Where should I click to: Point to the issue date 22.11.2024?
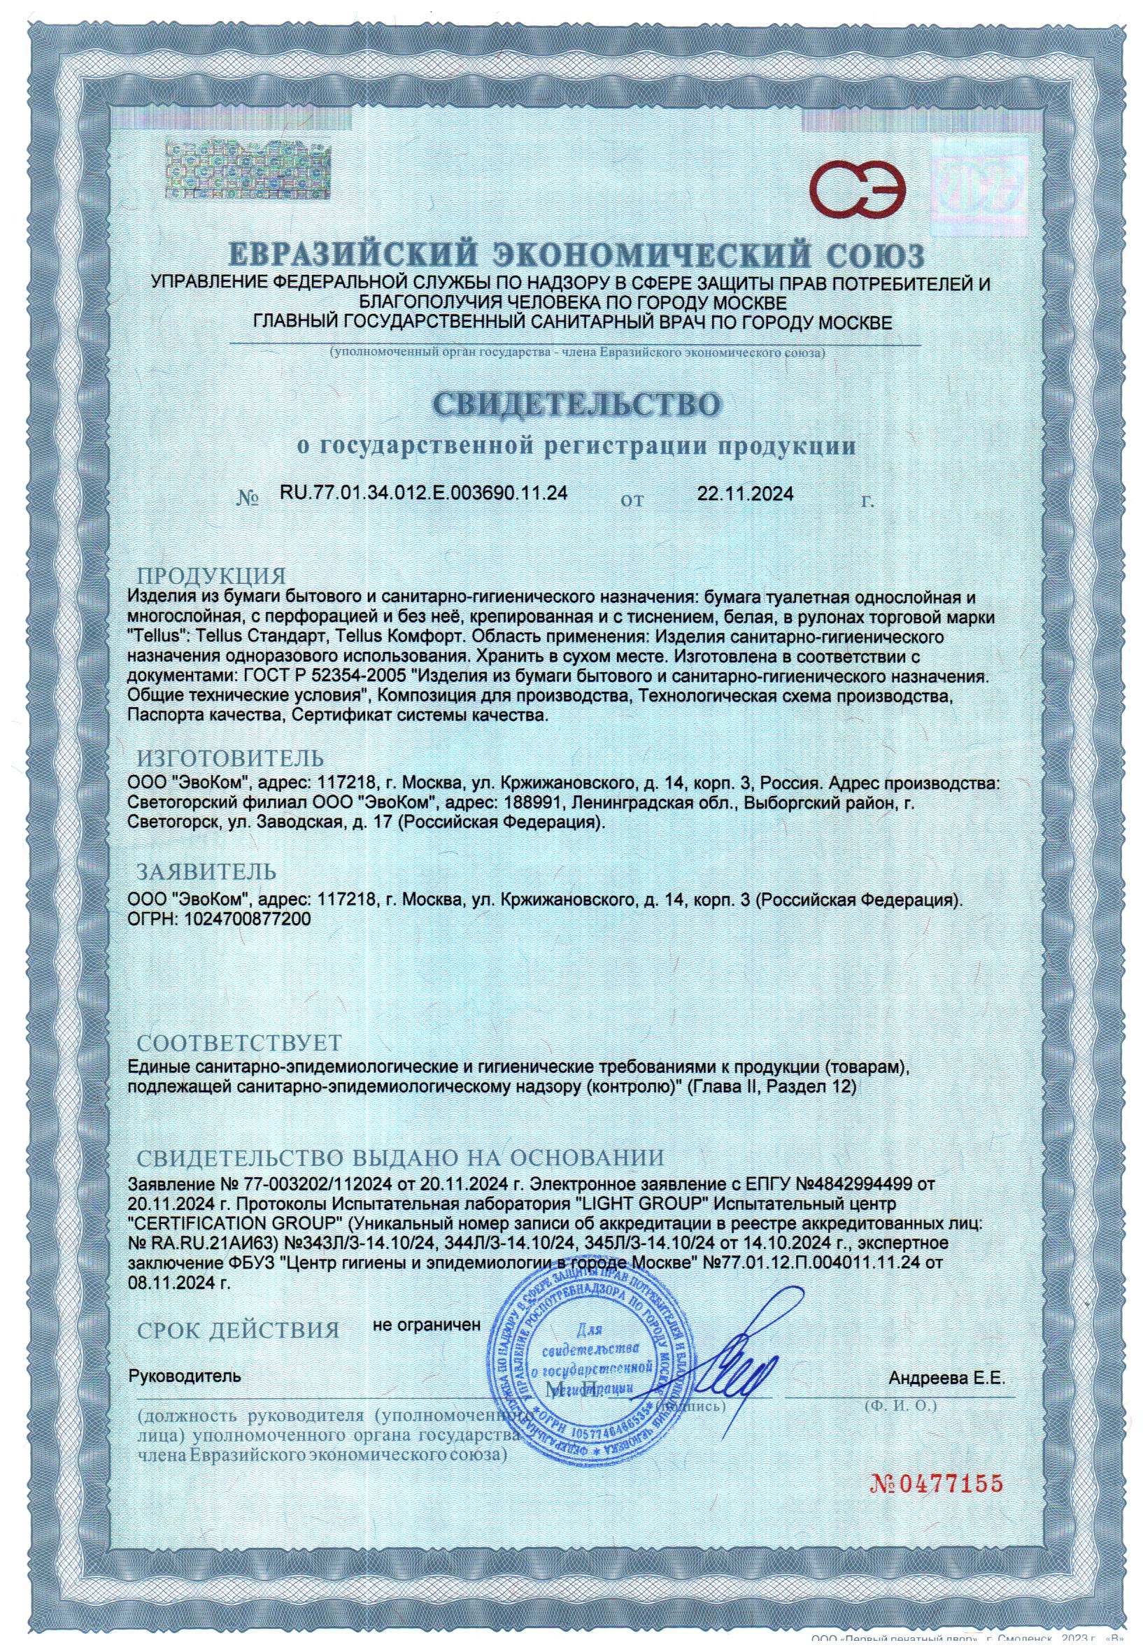[x=745, y=493]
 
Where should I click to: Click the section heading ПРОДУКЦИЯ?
[x=211, y=576]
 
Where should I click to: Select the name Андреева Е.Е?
[x=946, y=1377]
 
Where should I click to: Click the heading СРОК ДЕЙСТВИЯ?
[x=238, y=1330]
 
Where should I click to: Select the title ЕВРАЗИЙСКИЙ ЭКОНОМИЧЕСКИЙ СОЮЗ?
[x=576, y=257]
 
